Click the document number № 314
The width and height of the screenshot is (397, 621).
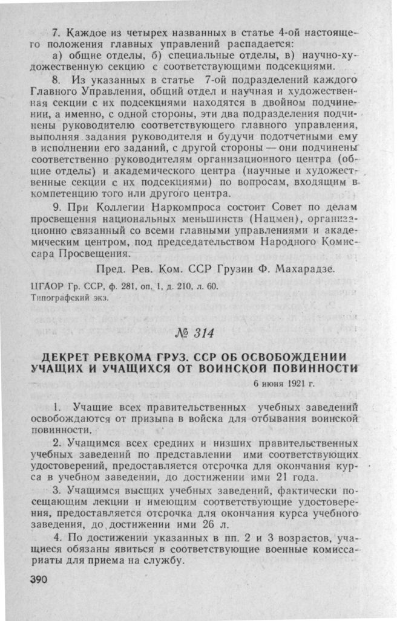pyautogui.click(x=198, y=332)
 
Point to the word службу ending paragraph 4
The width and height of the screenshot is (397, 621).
pyautogui.click(x=163, y=562)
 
